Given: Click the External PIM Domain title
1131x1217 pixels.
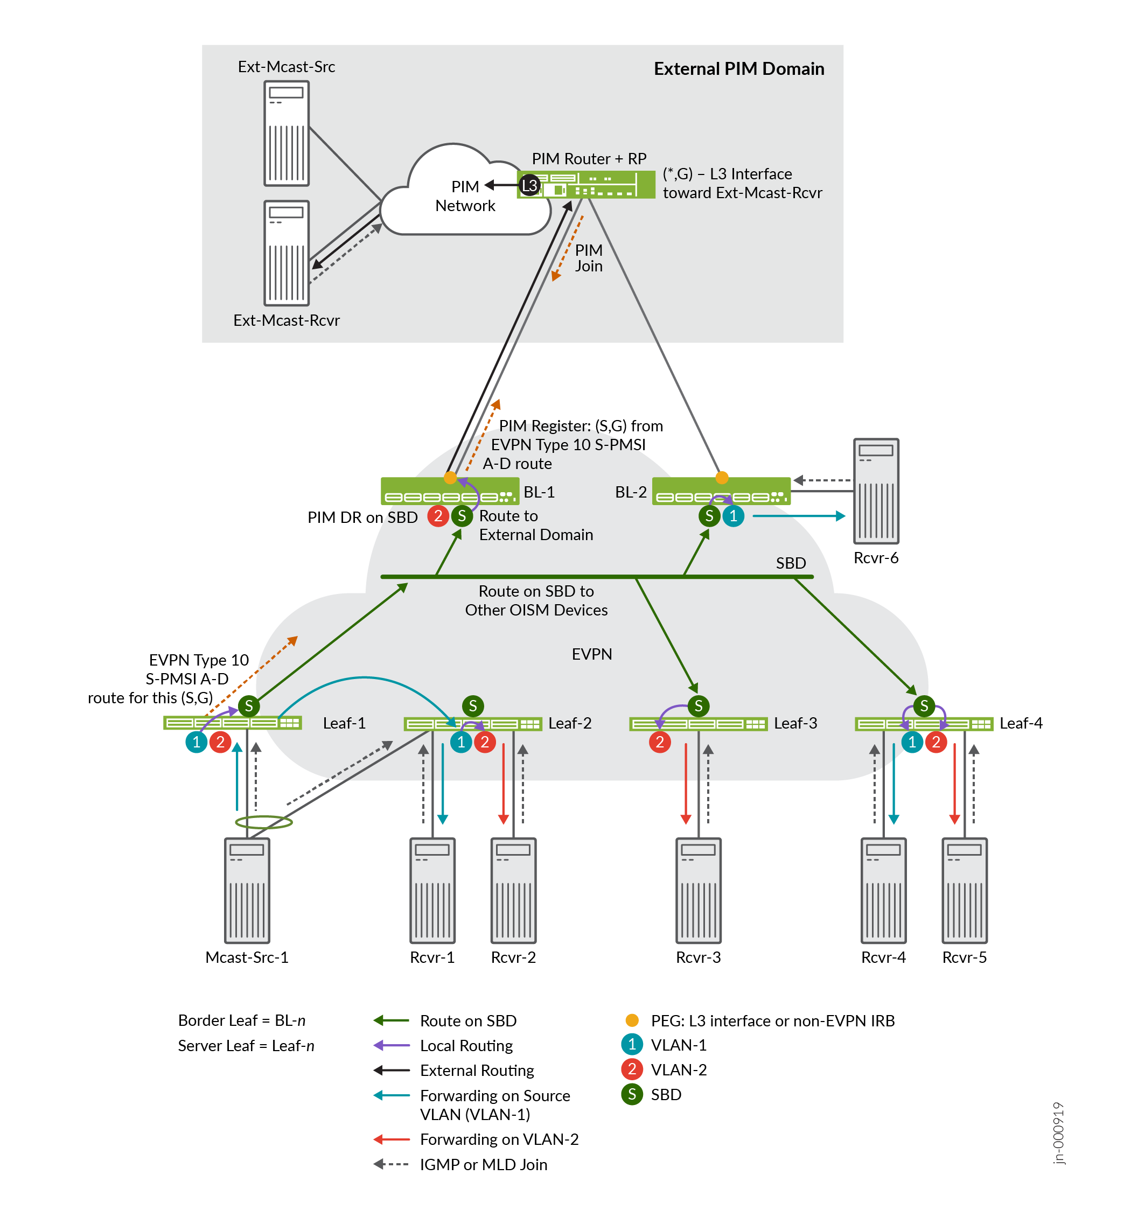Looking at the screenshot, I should [x=739, y=68].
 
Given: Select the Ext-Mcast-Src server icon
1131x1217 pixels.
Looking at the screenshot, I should [x=287, y=134].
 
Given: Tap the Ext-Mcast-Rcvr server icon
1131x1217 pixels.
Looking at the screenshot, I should [x=287, y=253].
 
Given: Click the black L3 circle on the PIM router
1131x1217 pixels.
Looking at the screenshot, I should [x=530, y=185].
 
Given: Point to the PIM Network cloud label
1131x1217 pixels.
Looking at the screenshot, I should [x=465, y=196].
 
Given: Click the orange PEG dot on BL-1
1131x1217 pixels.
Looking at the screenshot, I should [x=450, y=478].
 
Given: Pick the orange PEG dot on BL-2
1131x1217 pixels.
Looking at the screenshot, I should [x=722, y=478].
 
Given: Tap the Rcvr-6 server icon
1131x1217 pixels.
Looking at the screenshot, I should [x=876, y=491].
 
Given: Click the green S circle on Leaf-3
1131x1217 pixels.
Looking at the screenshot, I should [x=699, y=706].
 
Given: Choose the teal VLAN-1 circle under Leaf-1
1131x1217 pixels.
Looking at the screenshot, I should [x=197, y=742].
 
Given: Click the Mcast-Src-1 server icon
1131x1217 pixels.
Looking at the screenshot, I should [x=247, y=890].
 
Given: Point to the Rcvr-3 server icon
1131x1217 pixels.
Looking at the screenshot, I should [x=699, y=890].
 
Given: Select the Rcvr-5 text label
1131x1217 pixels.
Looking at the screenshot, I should [x=965, y=957].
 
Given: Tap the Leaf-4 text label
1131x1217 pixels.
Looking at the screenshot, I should [x=1021, y=723].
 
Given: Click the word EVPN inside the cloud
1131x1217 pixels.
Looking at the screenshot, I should [x=592, y=654].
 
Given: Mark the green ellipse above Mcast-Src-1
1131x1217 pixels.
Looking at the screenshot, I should [x=264, y=822].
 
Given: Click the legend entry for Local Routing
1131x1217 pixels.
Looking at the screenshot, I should [x=466, y=1046].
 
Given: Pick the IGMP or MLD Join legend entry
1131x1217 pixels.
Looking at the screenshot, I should [x=483, y=1164].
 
